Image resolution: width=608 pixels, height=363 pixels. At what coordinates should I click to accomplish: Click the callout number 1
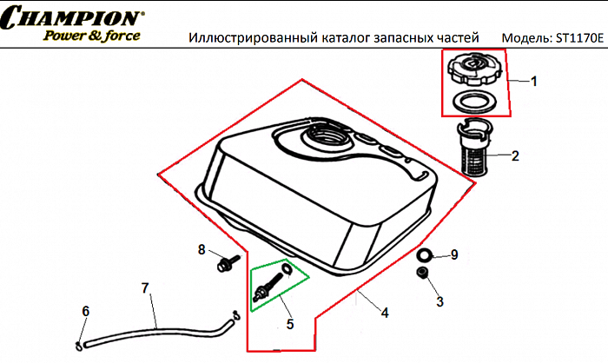(534, 81)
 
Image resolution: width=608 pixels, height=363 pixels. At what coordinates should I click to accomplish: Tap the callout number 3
(439, 301)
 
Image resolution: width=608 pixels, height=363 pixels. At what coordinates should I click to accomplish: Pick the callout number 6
(85, 311)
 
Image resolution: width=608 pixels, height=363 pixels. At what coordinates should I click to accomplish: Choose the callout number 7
(145, 287)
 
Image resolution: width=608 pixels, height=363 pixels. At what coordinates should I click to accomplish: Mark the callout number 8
(202, 250)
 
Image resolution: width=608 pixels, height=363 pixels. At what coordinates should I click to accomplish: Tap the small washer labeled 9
(424, 255)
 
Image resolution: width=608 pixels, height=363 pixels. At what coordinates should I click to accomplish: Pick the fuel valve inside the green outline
(273, 284)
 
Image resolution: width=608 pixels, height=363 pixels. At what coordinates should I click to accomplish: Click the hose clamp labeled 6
(79, 334)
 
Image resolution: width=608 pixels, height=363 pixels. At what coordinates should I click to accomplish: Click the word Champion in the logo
(75, 18)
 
